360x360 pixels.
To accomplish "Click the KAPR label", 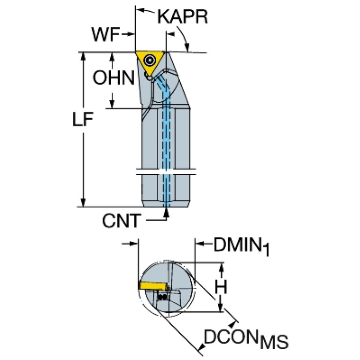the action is click(x=183, y=17).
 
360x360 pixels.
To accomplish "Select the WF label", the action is click(x=106, y=34).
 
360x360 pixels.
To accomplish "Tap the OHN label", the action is click(x=114, y=77).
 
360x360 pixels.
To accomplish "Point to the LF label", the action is click(x=83, y=119).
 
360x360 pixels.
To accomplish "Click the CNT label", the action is click(x=122, y=221).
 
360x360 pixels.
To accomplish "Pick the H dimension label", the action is click(x=221, y=286).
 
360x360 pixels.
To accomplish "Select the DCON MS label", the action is click(x=246, y=339).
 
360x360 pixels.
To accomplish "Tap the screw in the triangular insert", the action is click(x=149, y=61).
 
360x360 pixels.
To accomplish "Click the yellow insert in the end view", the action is click(x=153, y=286).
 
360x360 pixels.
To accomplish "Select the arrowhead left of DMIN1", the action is click(x=200, y=244).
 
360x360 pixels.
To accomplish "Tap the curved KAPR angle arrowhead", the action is click(x=187, y=47).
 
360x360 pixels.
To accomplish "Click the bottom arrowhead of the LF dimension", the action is click(x=83, y=202).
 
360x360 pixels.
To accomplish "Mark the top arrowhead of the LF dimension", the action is click(x=83, y=57).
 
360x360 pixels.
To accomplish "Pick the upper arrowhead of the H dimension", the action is click(x=221, y=268).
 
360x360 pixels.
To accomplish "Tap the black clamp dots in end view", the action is click(x=163, y=297).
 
